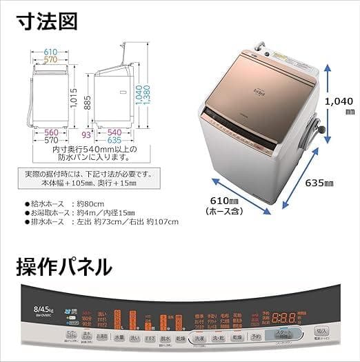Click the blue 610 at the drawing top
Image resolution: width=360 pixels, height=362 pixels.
49,52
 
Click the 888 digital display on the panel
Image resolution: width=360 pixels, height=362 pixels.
284,319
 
